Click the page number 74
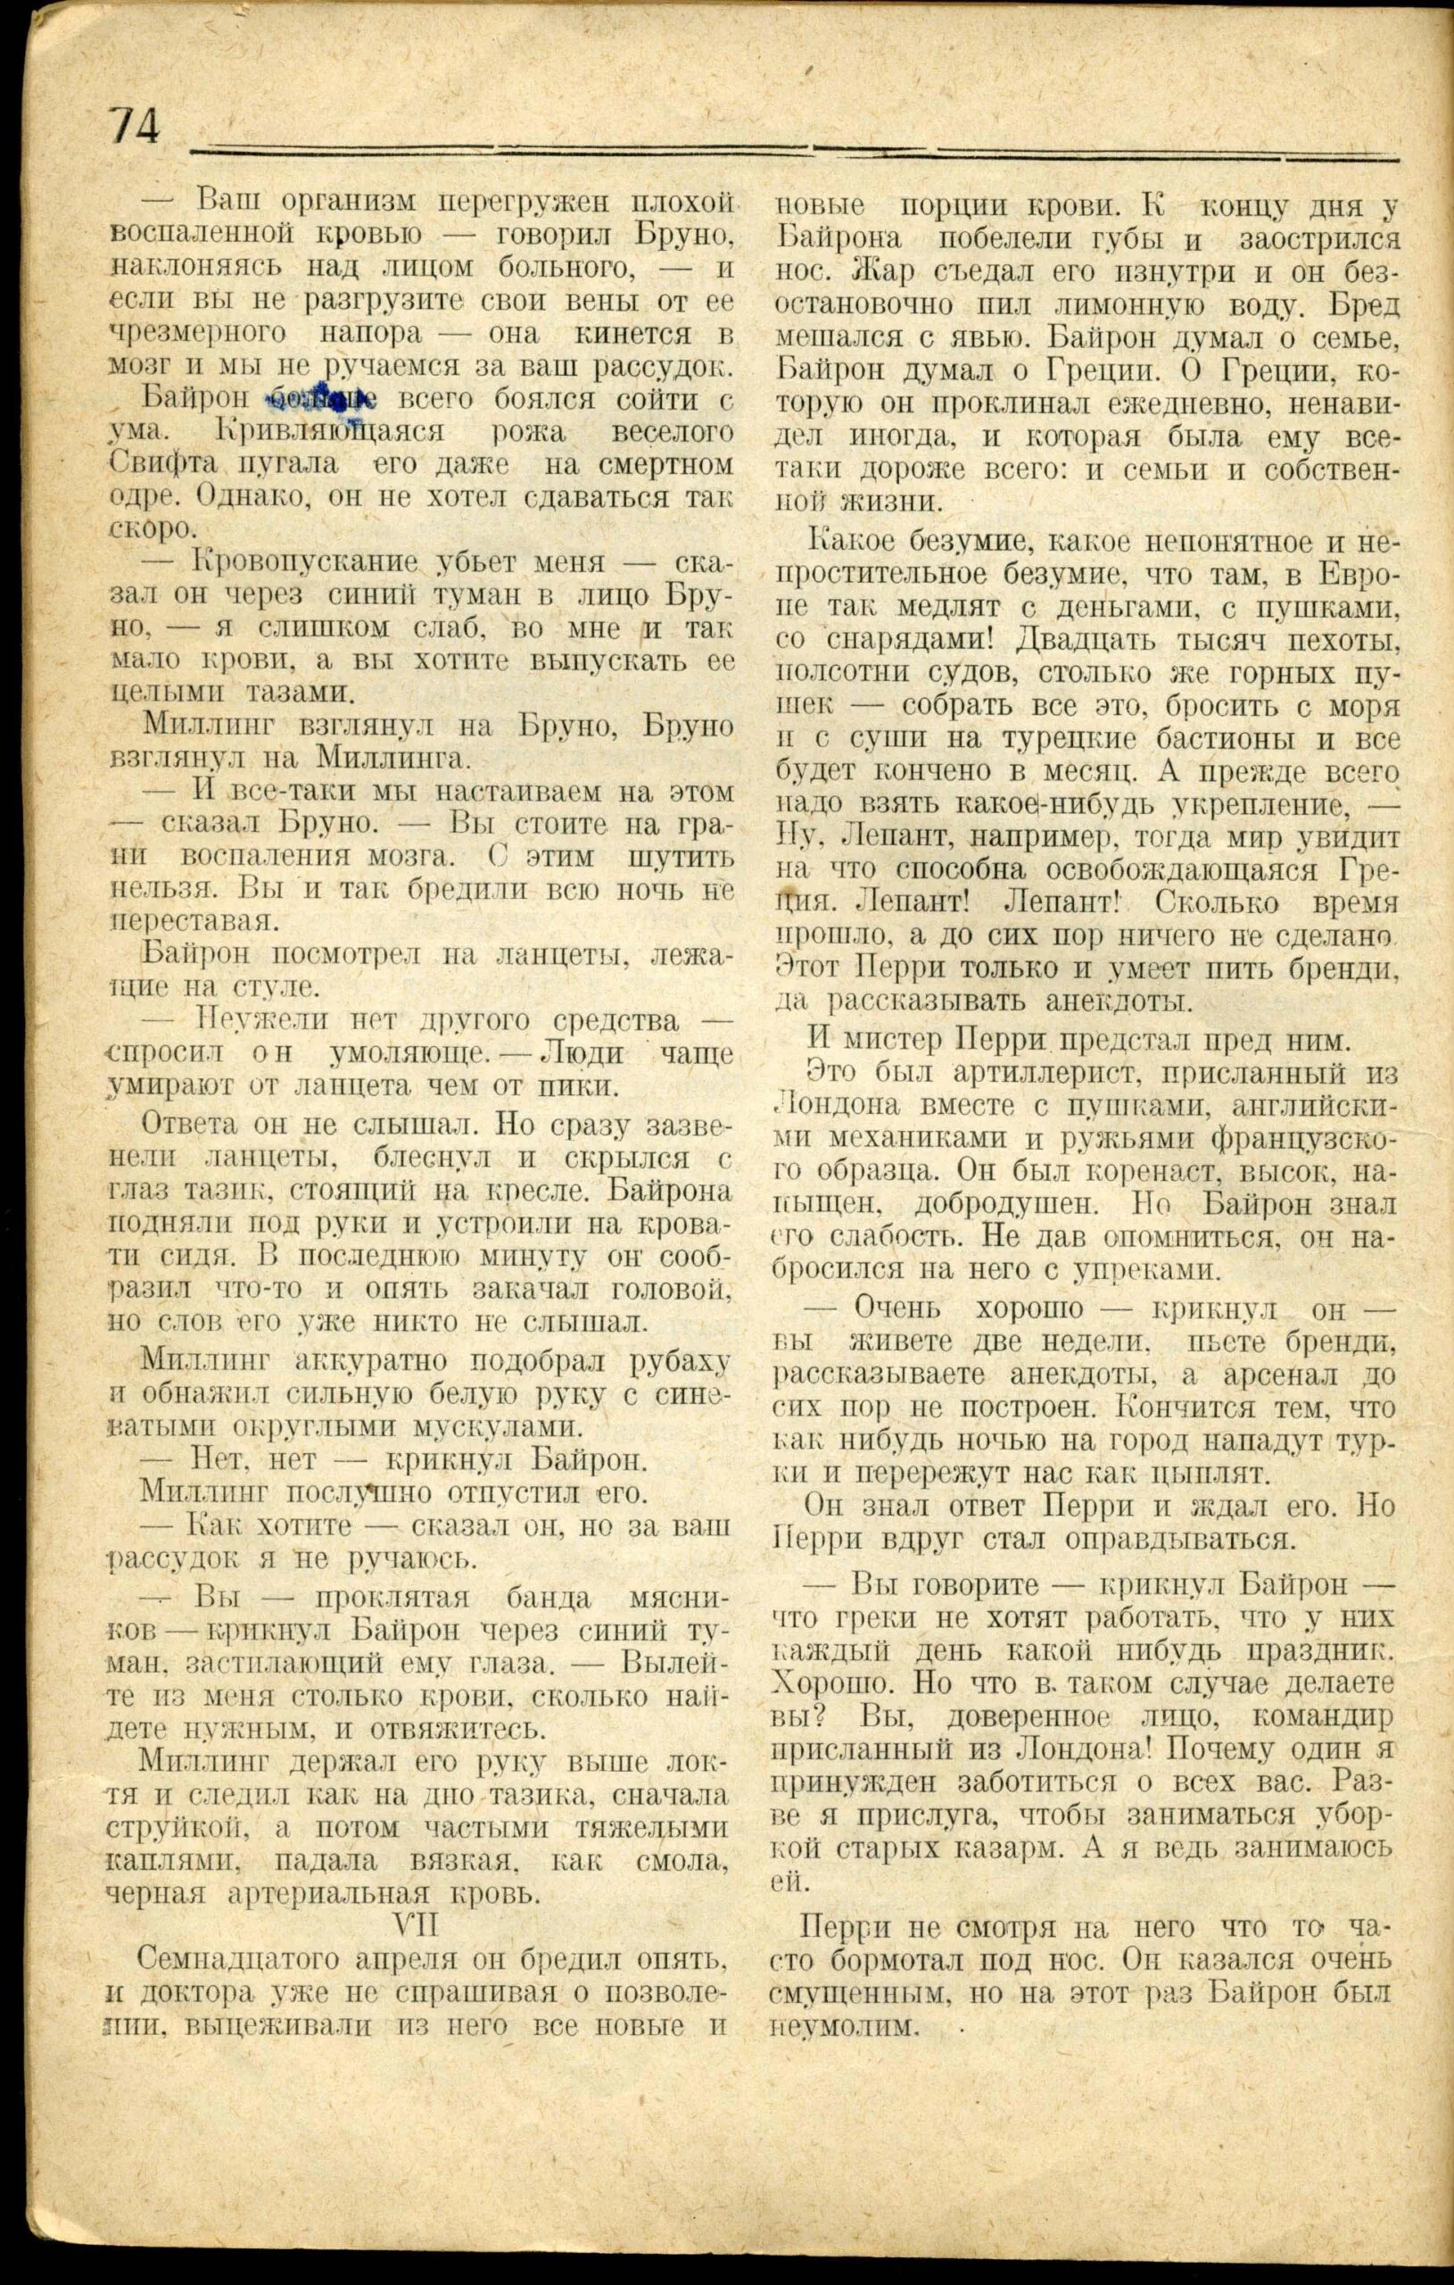click(x=136, y=125)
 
